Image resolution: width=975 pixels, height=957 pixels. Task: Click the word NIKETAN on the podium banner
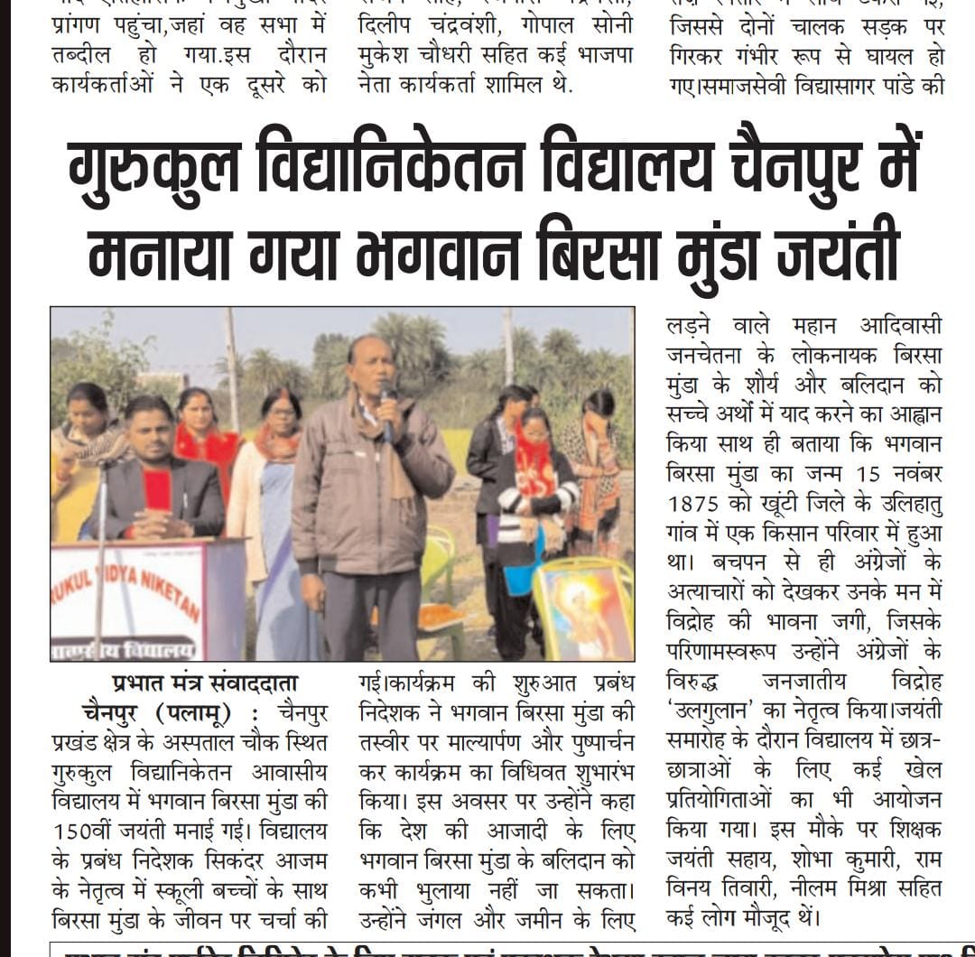click(x=172, y=597)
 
